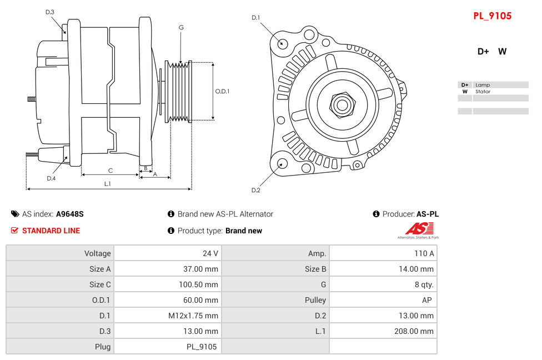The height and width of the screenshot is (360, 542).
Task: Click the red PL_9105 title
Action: [x=492, y=16]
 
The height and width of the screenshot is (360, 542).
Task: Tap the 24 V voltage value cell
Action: [x=210, y=253]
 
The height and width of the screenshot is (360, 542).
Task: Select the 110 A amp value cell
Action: [x=424, y=253]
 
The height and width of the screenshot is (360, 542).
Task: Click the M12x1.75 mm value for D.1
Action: [x=193, y=316]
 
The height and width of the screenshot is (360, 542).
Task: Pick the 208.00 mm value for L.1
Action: [x=410, y=331]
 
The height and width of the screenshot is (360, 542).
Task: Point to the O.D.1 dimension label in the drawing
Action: [x=222, y=91]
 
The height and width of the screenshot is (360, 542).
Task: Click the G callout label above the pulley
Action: [x=181, y=27]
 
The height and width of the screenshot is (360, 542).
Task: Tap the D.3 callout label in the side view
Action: [x=50, y=12]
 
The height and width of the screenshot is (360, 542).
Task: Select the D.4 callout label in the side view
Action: [x=51, y=178]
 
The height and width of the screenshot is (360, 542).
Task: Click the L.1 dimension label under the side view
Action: [x=108, y=184]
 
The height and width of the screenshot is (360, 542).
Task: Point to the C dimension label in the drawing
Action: [x=111, y=171]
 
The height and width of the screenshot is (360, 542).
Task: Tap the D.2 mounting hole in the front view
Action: [x=282, y=163]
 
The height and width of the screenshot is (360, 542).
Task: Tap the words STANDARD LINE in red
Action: [x=51, y=231]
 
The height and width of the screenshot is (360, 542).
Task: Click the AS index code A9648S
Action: [x=70, y=214]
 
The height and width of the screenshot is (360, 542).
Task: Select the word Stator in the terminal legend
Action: [x=483, y=92]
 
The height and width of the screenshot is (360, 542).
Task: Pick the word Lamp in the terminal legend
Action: [x=482, y=85]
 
